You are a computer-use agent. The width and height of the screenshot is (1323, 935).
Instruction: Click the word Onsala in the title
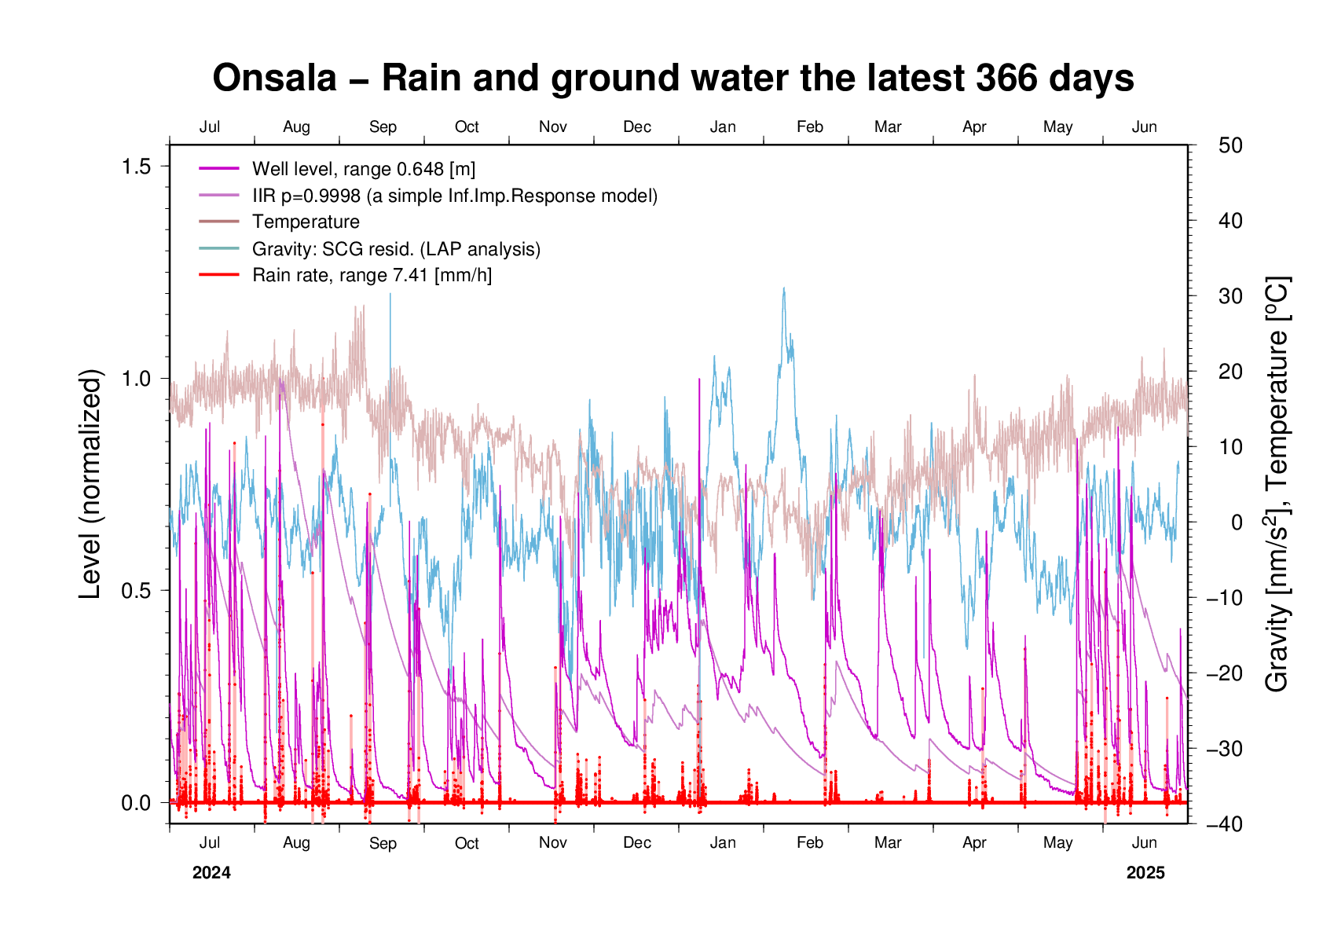tap(274, 79)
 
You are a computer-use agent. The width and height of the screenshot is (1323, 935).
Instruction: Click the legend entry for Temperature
tap(306, 222)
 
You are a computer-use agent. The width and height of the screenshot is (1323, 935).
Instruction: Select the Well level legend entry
tap(363, 169)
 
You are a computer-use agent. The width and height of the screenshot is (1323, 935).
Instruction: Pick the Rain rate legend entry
tap(372, 275)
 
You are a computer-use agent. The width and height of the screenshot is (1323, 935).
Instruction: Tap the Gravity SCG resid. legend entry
tap(396, 249)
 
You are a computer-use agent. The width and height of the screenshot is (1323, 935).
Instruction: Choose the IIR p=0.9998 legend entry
tap(454, 196)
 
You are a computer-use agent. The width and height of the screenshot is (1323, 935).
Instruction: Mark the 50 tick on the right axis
tap(1230, 145)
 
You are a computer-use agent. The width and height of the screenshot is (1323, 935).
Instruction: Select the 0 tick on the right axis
tap(1237, 522)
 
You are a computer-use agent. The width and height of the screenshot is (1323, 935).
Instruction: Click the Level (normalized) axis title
tap(91, 484)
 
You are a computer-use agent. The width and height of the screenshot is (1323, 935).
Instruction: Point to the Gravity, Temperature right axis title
tap(1278, 484)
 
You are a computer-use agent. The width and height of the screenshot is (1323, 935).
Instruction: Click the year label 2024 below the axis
tap(211, 873)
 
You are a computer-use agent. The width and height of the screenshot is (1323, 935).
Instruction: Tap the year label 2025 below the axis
tap(1145, 873)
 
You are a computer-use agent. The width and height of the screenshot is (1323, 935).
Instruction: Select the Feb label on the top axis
tap(809, 127)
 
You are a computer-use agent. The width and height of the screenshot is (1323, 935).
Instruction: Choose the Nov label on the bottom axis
tap(553, 843)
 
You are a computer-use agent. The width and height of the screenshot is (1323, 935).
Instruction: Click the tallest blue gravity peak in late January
tap(783, 288)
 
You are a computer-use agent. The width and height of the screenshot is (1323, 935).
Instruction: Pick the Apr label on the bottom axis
tap(974, 843)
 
